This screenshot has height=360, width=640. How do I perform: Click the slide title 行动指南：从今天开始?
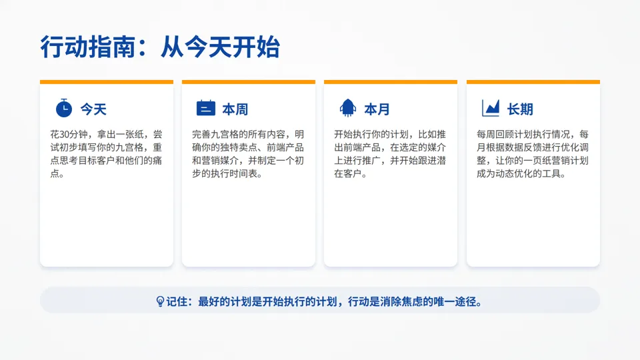tap(160, 47)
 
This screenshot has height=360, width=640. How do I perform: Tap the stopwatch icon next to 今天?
tap(63, 108)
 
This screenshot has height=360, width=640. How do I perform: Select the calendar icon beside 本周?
tap(205, 108)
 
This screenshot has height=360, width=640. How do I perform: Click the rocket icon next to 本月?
tap(347, 108)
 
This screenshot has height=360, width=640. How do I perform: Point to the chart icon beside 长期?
tap(490, 108)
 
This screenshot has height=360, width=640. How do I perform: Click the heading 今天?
tap(93, 109)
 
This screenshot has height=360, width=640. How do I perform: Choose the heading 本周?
tap(235, 109)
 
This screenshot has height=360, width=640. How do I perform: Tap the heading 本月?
tap(377, 109)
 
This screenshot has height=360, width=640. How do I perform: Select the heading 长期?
tap(520, 109)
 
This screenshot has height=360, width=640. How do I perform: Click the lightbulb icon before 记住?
tap(160, 301)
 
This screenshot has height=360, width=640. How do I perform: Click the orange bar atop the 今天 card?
tap(107, 82)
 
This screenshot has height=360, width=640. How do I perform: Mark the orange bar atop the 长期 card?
tap(533, 82)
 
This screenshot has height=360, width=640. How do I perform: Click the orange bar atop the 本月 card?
tap(391, 82)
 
